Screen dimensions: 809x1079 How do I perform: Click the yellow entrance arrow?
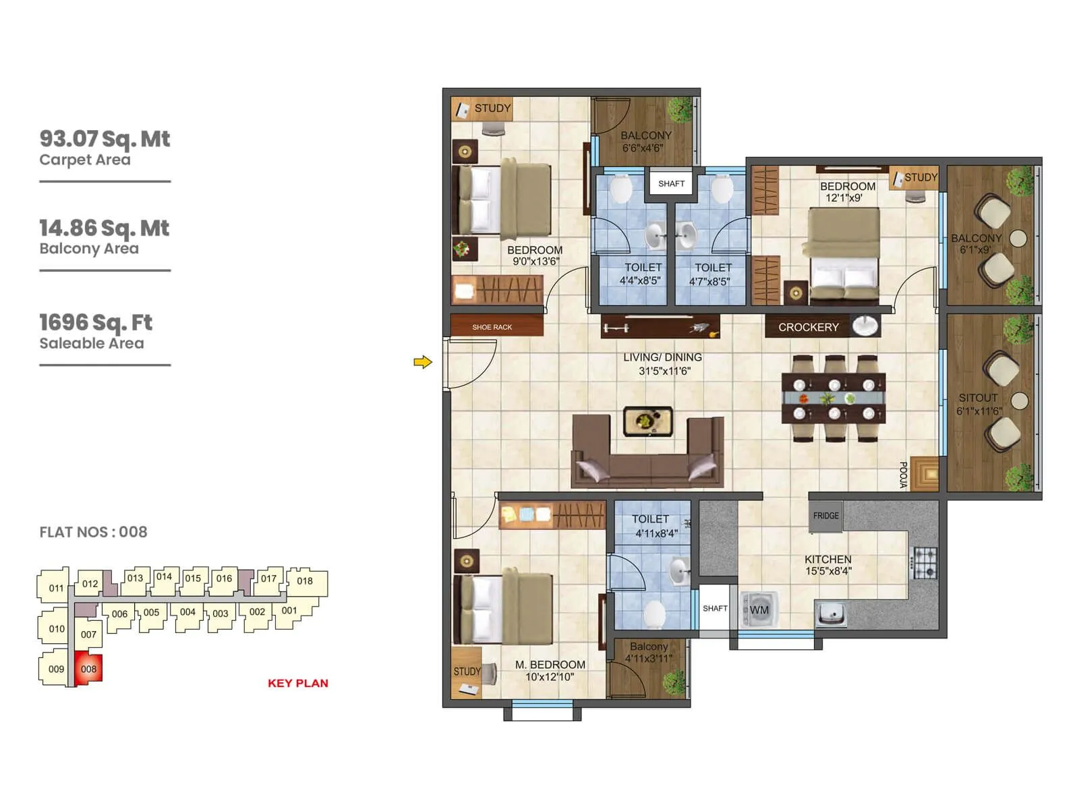point(422,363)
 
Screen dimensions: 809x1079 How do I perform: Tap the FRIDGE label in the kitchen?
point(825,516)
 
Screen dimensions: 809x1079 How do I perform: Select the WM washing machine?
point(759,610)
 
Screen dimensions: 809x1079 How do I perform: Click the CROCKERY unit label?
point(808,327)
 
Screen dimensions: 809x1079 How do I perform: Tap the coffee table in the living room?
point(647,422)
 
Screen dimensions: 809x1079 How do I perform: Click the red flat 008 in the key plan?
point(88,669)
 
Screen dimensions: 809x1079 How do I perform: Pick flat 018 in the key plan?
point(305,581)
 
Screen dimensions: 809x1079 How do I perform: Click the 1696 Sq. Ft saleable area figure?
point(96,322)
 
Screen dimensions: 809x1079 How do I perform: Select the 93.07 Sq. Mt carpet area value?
point(105,139)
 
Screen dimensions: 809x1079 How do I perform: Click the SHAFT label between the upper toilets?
point(671,183)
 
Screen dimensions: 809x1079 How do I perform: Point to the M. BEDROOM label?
point(550,665)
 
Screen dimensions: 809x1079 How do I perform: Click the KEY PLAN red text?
point(297,683)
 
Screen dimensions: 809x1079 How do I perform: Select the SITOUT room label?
point(978,398)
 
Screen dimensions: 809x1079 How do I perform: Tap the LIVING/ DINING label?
point(662,357)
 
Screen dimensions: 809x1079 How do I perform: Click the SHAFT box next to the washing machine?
point(715,609)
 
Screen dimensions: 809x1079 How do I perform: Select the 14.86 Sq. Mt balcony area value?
point(104,228)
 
